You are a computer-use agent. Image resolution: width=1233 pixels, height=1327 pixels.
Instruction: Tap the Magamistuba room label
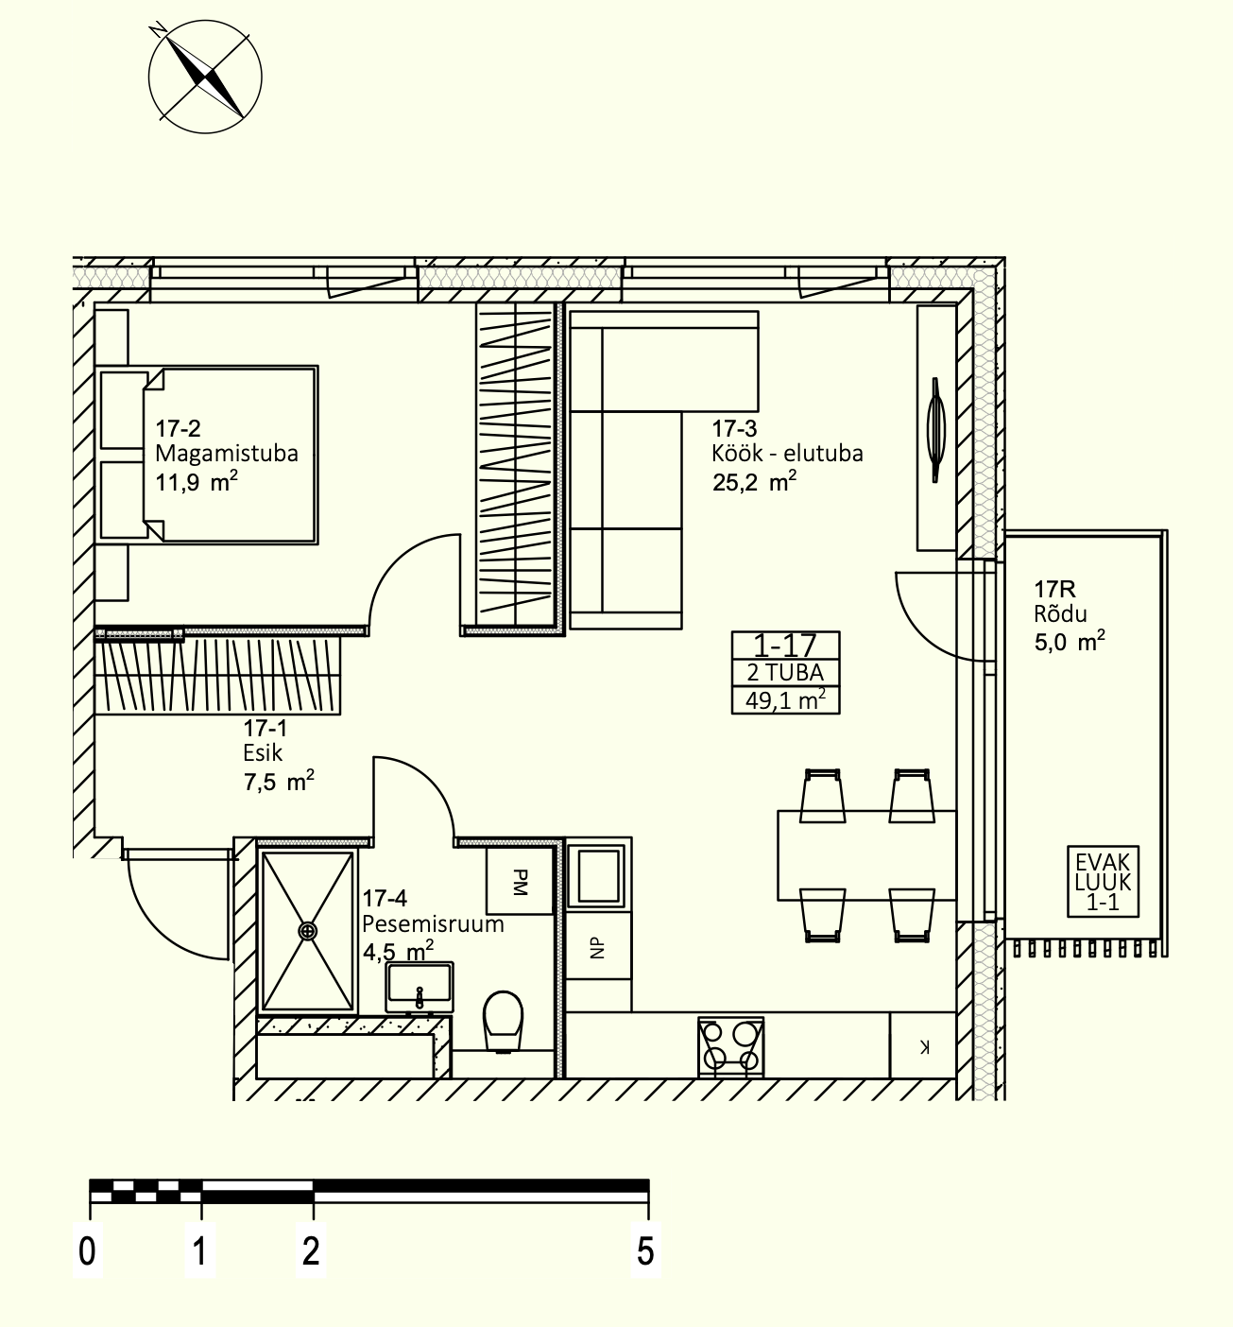pyautogui.click(x=227, y=454)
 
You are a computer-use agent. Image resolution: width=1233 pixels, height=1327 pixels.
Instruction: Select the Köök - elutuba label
pyautogui.click(x=787, y=454)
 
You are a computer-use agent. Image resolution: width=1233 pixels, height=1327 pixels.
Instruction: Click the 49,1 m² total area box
pyautogui.click(x=786, y=700)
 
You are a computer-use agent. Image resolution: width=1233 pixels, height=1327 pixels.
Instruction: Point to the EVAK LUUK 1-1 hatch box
pyautogui.click(x=1103, y=881)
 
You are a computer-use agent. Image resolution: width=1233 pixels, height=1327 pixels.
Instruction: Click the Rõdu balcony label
pyautogui.click(x=1061, y=613)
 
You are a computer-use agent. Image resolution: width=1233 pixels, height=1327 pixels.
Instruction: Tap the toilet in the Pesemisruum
pyautogui.click(x=504, y=1020)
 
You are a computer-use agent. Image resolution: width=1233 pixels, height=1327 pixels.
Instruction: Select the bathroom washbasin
pyautogui.click(x=420, y=989)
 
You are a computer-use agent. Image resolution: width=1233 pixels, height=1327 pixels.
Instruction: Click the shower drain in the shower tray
pyautogui.click(x=307, y=931)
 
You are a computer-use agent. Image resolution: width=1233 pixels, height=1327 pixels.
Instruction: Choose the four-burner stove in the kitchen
pyautogui.click(x=731, y=1047)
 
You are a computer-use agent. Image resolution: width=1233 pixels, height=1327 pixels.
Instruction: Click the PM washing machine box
pyautogui.click(x=520, y=881)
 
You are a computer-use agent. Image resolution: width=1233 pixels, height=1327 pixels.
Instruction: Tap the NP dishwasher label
pyautogui.click(x=597, y=947)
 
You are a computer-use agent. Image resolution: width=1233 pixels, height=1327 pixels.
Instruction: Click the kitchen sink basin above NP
pyautogui.click(x=599, y=875)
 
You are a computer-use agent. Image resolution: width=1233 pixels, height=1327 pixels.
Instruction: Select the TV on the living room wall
pyautogui.click(x=936, y=430)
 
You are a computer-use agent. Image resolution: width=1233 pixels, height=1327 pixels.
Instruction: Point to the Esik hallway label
pyautogui.click(x=263, y=753)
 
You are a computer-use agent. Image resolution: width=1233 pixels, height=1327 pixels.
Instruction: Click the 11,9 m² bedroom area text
pyautogui.click(x=197, y=481)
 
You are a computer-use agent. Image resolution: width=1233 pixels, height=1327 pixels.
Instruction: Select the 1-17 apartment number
pyautogui.click(x=785, y=646)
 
